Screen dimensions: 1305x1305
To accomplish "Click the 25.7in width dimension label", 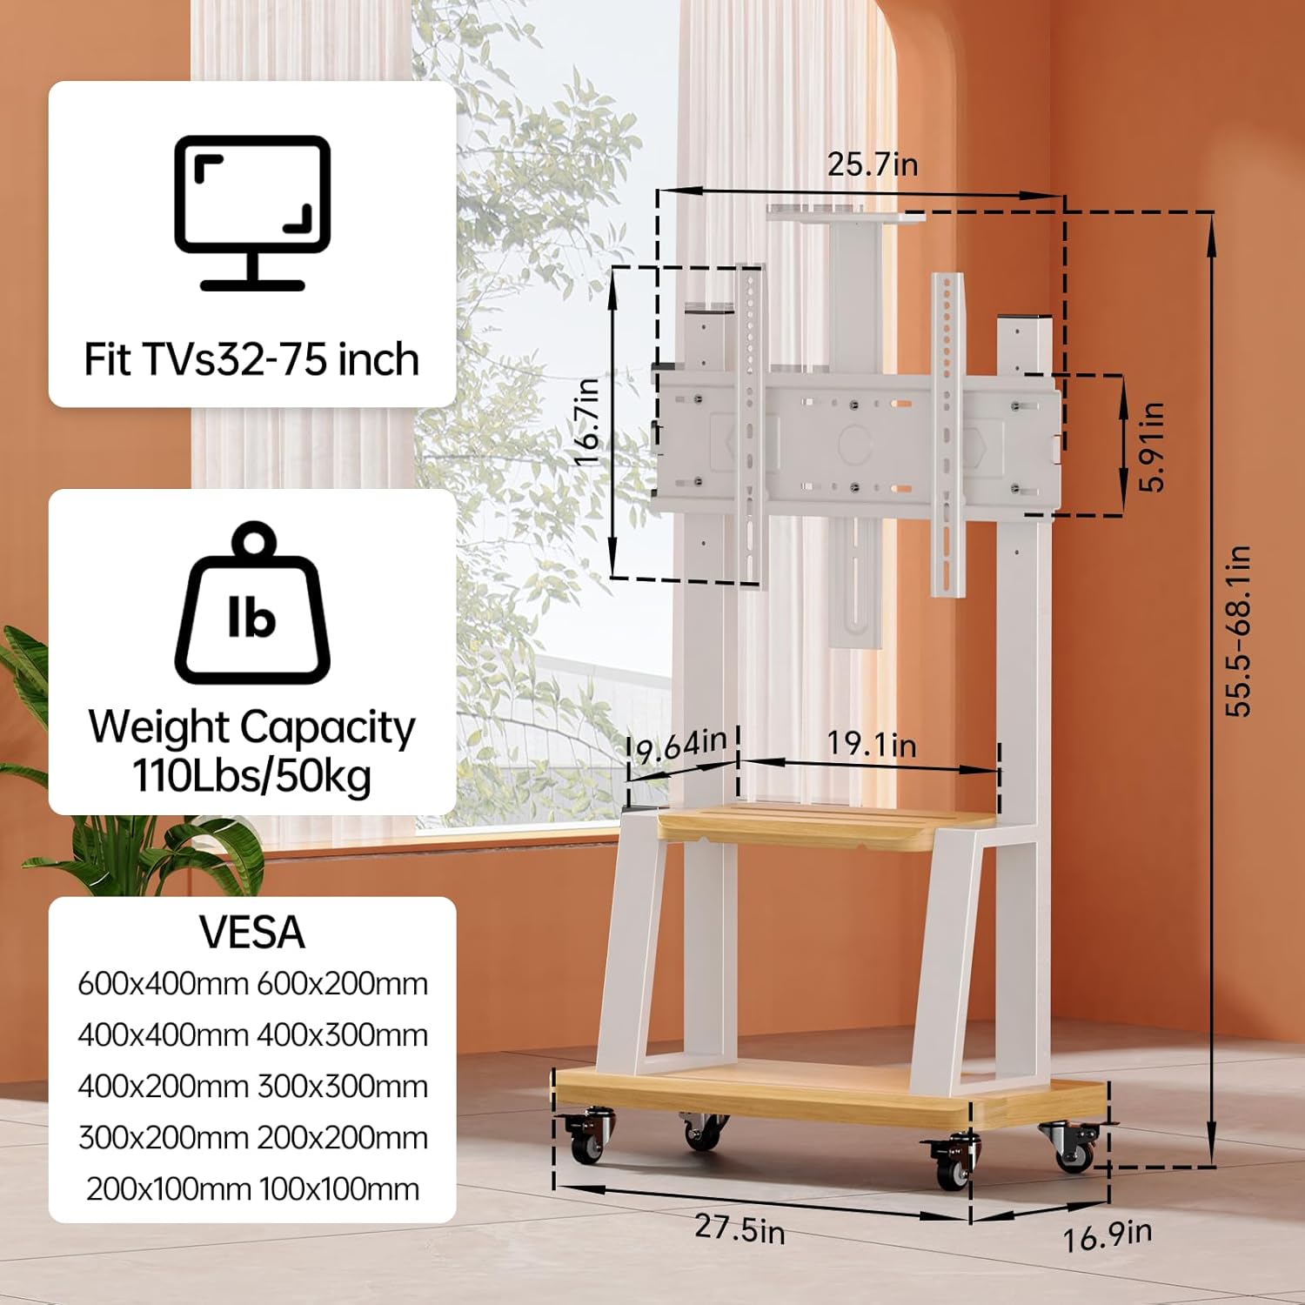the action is (872, 164).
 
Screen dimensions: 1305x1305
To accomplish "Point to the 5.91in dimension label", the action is (1151, 446).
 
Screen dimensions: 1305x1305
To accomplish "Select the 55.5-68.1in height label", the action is (1237, 631).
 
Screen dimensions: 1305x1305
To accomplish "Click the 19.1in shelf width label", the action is (871, 744).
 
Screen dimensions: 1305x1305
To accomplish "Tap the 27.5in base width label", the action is (739, 1229).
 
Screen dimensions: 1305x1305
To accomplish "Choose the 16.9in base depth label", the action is (1108, 1235).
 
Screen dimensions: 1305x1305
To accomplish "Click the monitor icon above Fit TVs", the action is (252, 213).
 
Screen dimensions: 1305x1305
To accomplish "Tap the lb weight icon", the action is (252, 603).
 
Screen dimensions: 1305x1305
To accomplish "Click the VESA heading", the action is (252, 933).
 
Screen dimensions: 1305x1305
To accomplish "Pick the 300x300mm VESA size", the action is (343, 1087).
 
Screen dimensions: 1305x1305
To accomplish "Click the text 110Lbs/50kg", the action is (252, 775).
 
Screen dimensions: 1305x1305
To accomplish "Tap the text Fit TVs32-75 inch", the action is (252, 359).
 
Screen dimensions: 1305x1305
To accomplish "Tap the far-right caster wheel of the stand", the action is (1074, 1147).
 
